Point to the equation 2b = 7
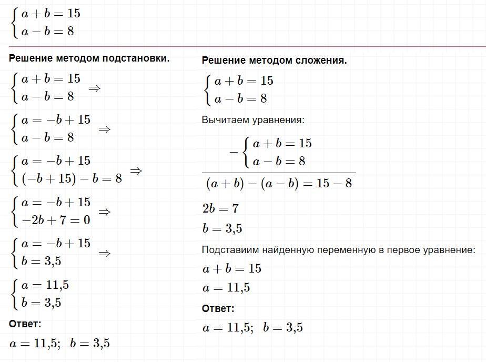[220, 209]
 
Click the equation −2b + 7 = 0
[55, 220]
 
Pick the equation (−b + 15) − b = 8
[72, 179]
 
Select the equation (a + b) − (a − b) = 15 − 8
[279, 183]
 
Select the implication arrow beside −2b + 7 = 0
[104, 212]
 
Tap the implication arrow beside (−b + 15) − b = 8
[136, 171]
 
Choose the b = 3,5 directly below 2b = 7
[222, 229]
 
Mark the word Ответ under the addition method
[218, 309]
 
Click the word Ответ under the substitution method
[25, 324]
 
